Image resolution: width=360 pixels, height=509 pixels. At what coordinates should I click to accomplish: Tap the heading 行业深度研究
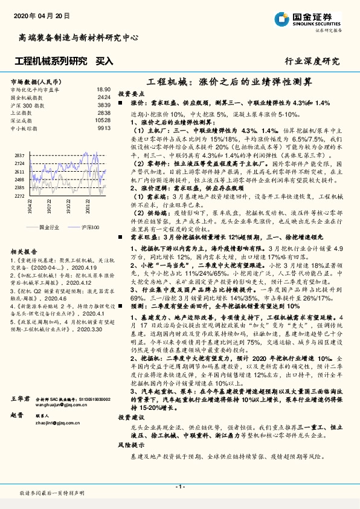pyautogui.click(x=312, y=61)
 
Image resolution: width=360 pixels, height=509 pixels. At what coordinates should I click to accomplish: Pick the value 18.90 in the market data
pyautogui.click(x=103, y=89)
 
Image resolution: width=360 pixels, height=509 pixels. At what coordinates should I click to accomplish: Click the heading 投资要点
pyautogui.click(x=131, y=94)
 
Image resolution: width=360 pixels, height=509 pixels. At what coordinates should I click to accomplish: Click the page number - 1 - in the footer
pyautogui.click(x=179, y=487)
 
